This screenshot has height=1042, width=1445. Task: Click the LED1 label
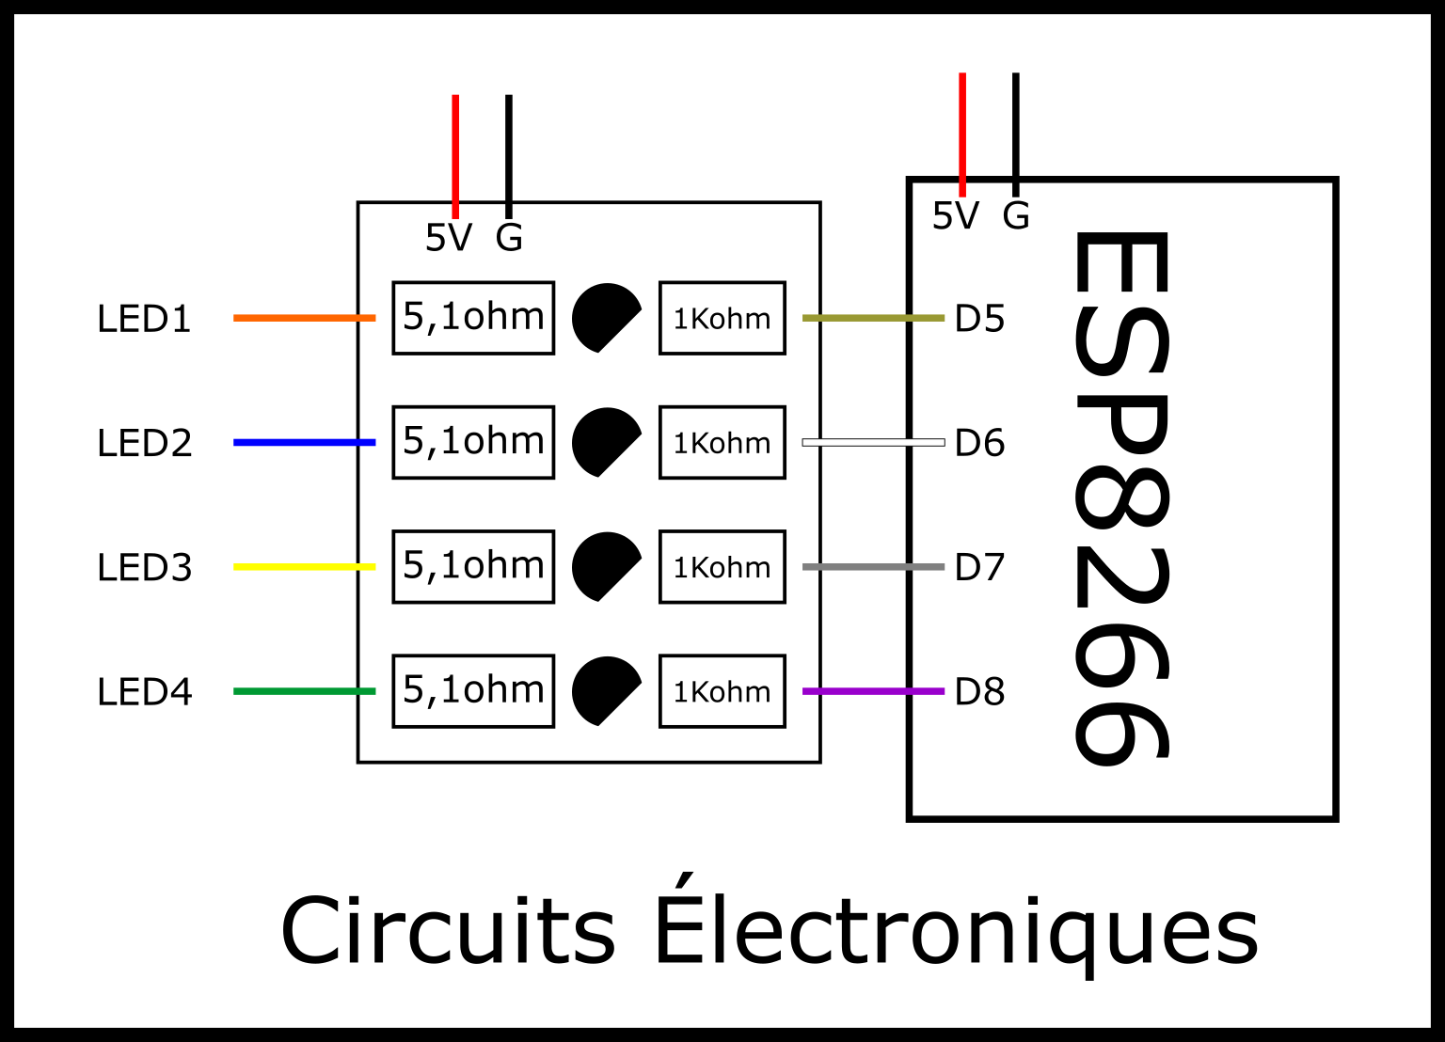point(144,320)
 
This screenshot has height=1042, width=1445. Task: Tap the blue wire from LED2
point(304,442)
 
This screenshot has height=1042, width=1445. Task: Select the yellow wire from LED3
point(304,567)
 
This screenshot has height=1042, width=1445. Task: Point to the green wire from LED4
point(304,691)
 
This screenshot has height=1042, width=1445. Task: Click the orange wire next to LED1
point(304,318)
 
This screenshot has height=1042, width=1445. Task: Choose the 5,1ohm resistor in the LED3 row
point(473,566)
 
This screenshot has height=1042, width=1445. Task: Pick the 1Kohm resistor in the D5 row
point(722,318)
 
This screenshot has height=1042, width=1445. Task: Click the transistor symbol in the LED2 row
point(604,441)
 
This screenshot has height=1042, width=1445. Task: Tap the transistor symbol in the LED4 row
point(604,690)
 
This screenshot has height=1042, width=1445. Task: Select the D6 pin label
point(979,443)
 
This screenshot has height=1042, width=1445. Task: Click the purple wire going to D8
point(872,691)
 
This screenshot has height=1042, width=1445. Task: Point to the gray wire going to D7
point(872,567)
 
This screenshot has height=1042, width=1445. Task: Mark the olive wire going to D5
point(872,318)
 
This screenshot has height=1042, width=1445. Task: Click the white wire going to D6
point(872,442)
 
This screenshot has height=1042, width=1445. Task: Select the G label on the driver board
point(509,238)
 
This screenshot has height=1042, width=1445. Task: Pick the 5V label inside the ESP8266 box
point(955,216)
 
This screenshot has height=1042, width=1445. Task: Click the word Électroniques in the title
point(955,931)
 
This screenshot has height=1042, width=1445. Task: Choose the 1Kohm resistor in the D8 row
point(722,691)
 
